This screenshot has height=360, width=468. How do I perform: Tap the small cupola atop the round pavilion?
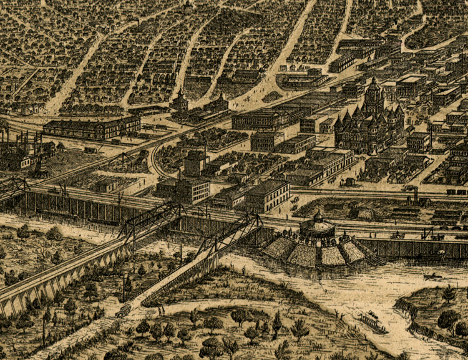coord(317,214)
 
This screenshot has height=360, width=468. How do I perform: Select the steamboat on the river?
coord(371,322)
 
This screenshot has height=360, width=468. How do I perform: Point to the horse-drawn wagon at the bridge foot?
coord(123,310)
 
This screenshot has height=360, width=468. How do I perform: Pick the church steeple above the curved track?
coord(179,100)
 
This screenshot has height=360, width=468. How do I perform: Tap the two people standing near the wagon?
coord(160,309)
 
